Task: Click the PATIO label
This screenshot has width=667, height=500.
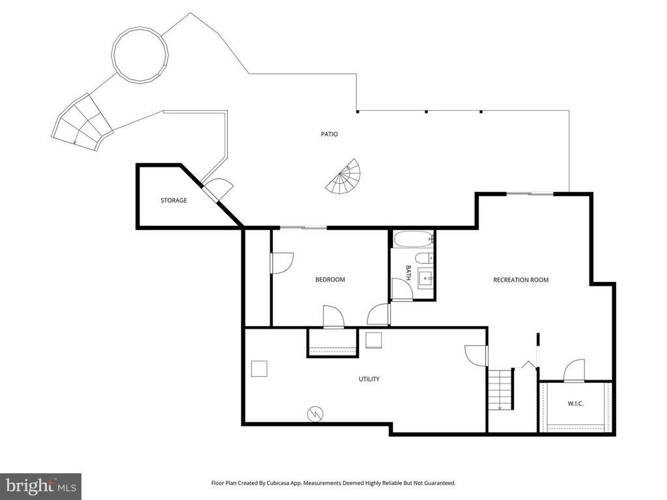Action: pyautogui.click(x=329, y=134)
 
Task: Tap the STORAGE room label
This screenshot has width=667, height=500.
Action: pyautogui.click(x=174, y=201)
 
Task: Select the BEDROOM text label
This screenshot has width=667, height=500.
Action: pyautogui.click(x=330, y=280)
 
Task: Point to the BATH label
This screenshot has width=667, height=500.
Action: pyautogui.click(x=408, y=271)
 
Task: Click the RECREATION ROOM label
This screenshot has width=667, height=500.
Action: pyautogui.click(x=520, y=280)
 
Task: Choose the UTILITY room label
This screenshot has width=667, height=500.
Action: pyautogui.click(x=369, y=379)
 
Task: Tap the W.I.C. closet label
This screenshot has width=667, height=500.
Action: pyautogui.click(x=575, y=404)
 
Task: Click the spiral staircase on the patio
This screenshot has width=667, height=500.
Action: pyautogui.click(x=344, y=177)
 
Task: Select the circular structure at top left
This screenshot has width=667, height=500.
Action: pyautogui.click(x=141, y=53)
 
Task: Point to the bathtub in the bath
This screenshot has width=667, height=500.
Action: pyautogui.click(x=412, y=239)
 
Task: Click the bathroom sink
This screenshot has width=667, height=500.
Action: pyautogui.click(x=427, y=278)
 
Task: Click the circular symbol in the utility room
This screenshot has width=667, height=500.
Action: pyautogui.click(x=315, y=413)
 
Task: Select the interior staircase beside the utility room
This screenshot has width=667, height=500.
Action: pyautogui.click(x=501, y=389)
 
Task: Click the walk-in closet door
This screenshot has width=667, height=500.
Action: pyautogui.click(x=574, y=371)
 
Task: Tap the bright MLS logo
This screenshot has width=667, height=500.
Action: pyautogui.click(x=40, y=486)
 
